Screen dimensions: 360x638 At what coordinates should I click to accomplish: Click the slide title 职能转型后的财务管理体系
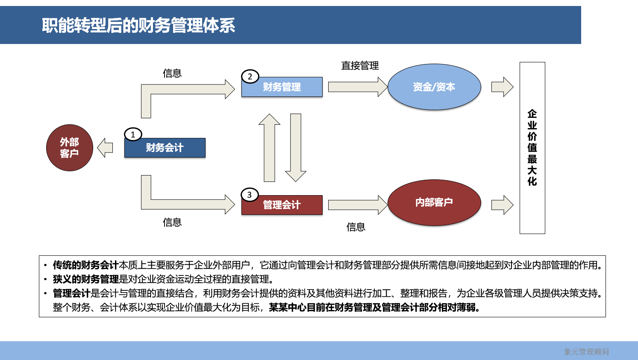pyautogui.click(x=138, y=26)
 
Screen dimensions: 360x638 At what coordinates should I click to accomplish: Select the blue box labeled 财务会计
pyautogui.click(x=165, y=148)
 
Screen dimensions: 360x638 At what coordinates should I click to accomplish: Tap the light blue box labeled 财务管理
pyautogui.click(x=282, y=87)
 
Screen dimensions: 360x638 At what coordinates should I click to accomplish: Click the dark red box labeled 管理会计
pyautogui.click(x=282, y=205)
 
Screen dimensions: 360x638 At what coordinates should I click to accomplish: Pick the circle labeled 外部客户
pyautogui.click(x=69, y=148)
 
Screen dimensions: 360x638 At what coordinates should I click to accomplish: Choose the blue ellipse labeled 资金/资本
pyautogui.click(x=434, y=87)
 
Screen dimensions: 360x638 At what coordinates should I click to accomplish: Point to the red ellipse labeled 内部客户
pyautogui.click(x=434, y=202)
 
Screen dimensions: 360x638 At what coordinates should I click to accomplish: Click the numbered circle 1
pyautogui.click(x=133, y=135)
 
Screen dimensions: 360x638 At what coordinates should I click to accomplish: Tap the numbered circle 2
pyautogui.click(x=250, y=77)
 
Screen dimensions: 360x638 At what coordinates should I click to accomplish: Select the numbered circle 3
pyautogui.click(x=250, y=195)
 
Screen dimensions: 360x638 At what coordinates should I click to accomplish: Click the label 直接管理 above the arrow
pyautogui.click(x=360, y=66)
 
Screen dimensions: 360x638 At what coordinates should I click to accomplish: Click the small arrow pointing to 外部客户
pyautogui.click(x=105, y=148)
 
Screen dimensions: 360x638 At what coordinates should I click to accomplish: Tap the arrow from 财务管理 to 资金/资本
pyautogui.click(x=357, y=87)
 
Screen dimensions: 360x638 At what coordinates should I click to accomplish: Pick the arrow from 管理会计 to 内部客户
pyautogui.click(x=357, y=205)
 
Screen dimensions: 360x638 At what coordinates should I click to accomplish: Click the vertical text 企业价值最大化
pyautogui.click(x=532, y=148)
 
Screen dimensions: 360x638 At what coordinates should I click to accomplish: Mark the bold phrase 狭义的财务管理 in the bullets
pyautogui.click(x=85, y=279)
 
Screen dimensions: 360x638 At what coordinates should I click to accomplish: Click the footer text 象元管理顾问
pyautogui.click(x=586, y=352)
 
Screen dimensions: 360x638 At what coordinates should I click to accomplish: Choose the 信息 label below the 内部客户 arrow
pyautogui.click(x=356, y=227)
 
